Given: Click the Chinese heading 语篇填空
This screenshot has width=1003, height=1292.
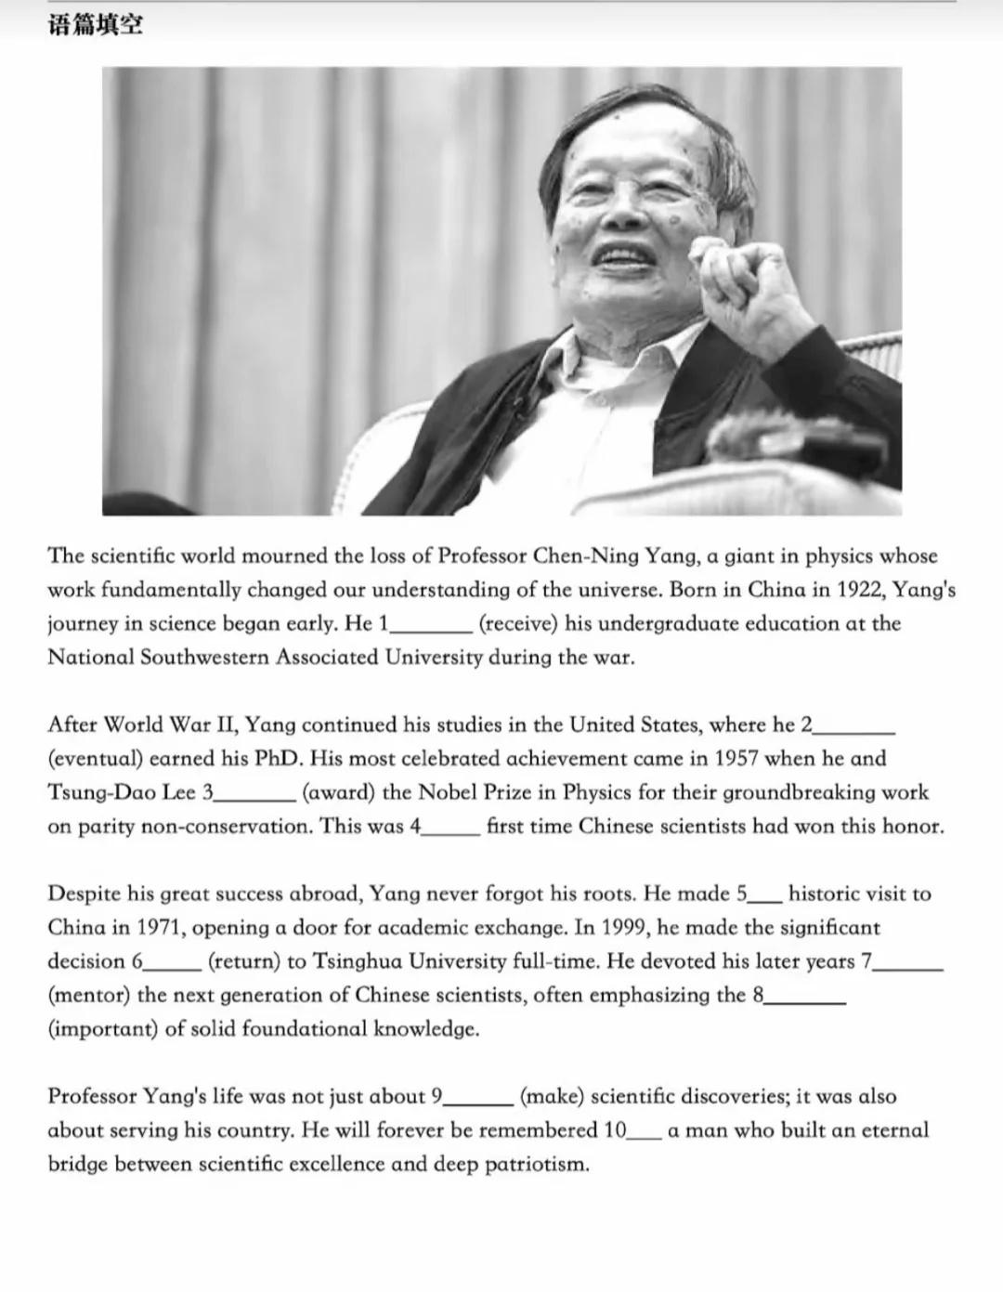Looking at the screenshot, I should coord(96,25).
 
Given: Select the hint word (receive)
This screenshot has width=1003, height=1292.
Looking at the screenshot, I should coord(517,623).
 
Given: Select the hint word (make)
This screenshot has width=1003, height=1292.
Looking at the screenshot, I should coord(552,1097).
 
